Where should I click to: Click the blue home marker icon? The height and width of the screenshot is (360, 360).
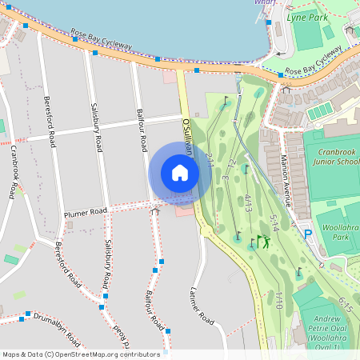click(x=180, y=172)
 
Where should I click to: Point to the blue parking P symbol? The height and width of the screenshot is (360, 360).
click(x=308, y=234)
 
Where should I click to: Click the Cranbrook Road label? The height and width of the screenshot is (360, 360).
click(x=14, y=172)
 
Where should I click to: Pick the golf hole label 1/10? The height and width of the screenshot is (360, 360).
click(x=278, y=302)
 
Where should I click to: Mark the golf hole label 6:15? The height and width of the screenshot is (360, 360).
click(x=346, y=304)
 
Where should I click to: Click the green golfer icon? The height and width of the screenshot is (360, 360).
click(x=265, y=242)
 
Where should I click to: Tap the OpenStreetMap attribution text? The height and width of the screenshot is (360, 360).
click(x=82, y=354)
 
